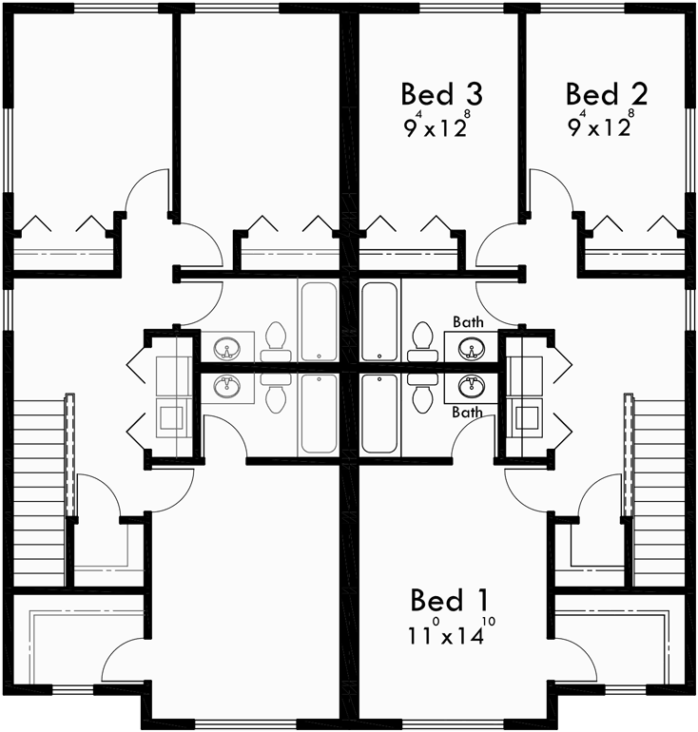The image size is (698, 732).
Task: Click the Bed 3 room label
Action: [x=441, y=95]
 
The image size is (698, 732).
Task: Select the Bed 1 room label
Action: [x=453, y=601]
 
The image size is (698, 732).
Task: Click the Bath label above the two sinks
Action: [x=467, y=323]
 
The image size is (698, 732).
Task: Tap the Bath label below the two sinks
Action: [x=467, y=413]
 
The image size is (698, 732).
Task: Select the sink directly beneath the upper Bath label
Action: [x=469, y=348]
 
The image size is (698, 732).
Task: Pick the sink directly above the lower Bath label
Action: [x=469, y=387]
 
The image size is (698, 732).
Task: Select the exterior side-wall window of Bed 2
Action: [x=691, y=152]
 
